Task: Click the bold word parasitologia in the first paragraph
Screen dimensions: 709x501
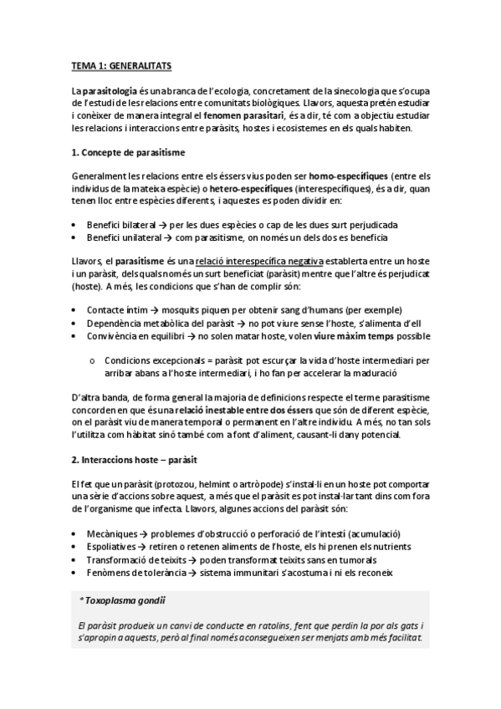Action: tap(108, 89)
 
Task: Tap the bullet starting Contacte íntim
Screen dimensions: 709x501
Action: tap(226, 310)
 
